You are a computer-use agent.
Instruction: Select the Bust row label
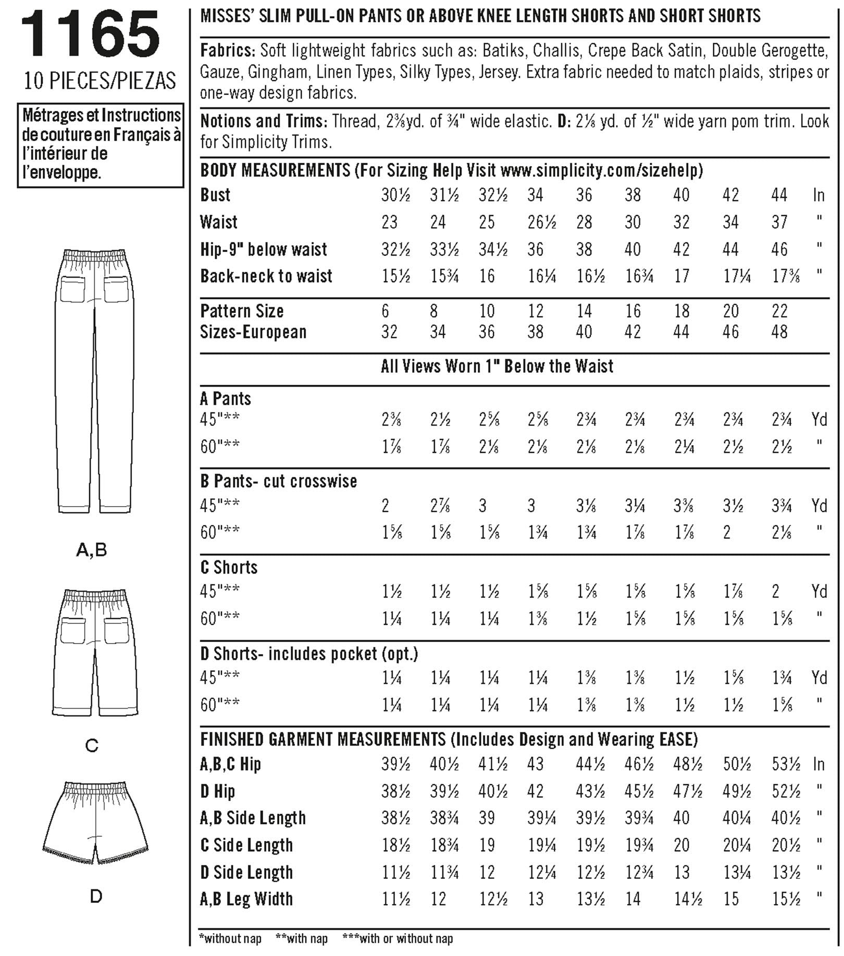pyautogui.click(x=215, y=195)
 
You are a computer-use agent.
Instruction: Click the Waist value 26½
pyautogui.click(x=542, y=222)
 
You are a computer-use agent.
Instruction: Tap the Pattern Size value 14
pyautogui.click(x=584, y=311)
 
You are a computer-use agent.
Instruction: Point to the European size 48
pyautogui.click(x=779, y=332)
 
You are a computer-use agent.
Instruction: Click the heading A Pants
pyautogui.click(x=226, y=399)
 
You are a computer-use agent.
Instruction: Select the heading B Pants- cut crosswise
pyautogui.click(x=279, y=481)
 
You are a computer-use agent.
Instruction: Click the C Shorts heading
pyautogui.click(x=229, y=567)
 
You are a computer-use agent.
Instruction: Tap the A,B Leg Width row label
pyautogui.click(x=246, y=899)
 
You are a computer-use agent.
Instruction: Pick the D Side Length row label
pyautogui.click(x=246, y=872)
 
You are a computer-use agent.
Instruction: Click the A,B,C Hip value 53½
pyautogui.click(x=786, y=764)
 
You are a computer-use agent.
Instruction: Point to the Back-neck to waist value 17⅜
pyautogui.click(x=785, y=276)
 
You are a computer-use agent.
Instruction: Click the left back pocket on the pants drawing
pyautogui.click(x=73, y=289)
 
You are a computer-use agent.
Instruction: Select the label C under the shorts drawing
pyautogui.click(x=92, y=746)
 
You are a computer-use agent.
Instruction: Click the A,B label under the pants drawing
pyautogui.click(x=92, y=549)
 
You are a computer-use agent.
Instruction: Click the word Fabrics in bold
pyautogui.click(x=228, y=51)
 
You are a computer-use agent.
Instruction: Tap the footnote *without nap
pyautogui.click(x=230, y=938)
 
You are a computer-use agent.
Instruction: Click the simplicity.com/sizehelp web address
pyautogui.click(x=601, y=170)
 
